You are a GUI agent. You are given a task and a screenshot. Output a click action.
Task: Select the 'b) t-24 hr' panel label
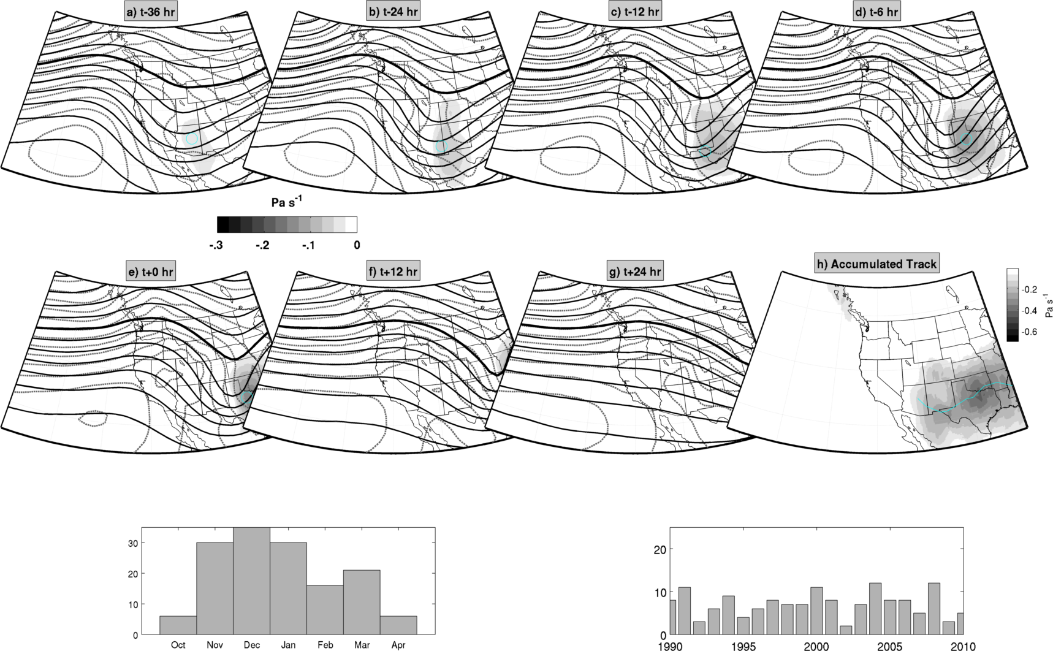pyautogui.click(x=392, y=12)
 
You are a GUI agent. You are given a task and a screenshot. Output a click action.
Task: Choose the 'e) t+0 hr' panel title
pyautogui.click(x=151, y=272)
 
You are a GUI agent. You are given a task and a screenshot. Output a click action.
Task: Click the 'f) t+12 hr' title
pyautogui.click(x=393, y=272)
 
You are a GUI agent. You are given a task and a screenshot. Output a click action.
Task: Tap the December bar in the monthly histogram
pyautogui.click(x=252, y=581)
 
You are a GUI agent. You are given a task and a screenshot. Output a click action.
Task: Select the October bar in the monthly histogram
pyautogui.click(x=178, y=625)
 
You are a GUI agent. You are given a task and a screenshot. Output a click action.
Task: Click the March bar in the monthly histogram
pyautogui.click(x=362, y=602)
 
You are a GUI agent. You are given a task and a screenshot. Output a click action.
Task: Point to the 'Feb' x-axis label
pyautogui.click(x=325, y=645)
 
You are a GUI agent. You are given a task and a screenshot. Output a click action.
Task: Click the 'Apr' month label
pyautogui.click(x=398, y=645)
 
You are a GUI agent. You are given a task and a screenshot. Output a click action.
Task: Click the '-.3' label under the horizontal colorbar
pyautogui.click(x=215, y=245)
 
